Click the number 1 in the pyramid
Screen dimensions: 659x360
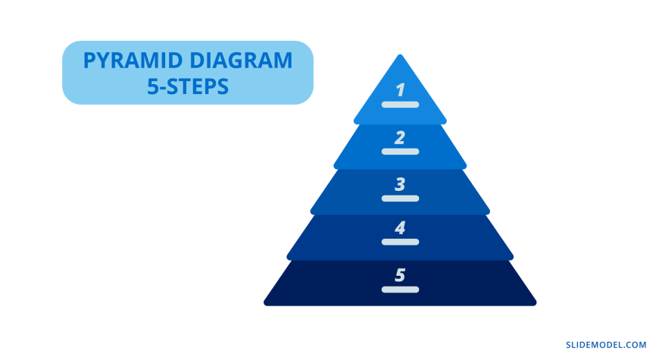click(400, 89)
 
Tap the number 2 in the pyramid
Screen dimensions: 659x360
click(400, 137)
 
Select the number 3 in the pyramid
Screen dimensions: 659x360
click(400, 184)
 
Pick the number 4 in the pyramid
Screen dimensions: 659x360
click(400, 228)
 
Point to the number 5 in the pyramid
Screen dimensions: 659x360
click(400, 275)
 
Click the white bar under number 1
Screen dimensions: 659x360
click(400, 105)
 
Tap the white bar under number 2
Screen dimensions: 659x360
click(400, 152)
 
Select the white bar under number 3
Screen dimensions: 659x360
click(400, 199)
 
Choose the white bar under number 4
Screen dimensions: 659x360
click(400, 242)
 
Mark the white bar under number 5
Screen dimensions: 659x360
click(400, 290)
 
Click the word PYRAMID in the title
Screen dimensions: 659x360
click(133, 61)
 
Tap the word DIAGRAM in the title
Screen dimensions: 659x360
click(241, 61)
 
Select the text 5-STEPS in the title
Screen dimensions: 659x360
click(188, 86)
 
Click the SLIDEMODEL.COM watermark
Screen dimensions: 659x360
click(606, 345)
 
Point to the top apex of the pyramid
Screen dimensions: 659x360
click(400, 55)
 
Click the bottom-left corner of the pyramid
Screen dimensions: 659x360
click(265, 304)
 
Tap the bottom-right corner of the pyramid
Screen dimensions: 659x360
click(536, 304)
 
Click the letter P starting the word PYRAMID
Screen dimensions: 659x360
click(89, 61)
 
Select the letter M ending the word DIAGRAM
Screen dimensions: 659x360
click(283, 61)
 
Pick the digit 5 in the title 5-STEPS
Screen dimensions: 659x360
click(152, 86)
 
